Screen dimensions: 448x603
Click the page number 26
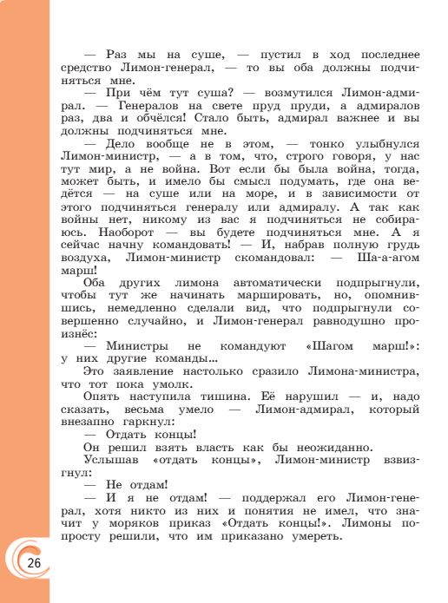34,563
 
